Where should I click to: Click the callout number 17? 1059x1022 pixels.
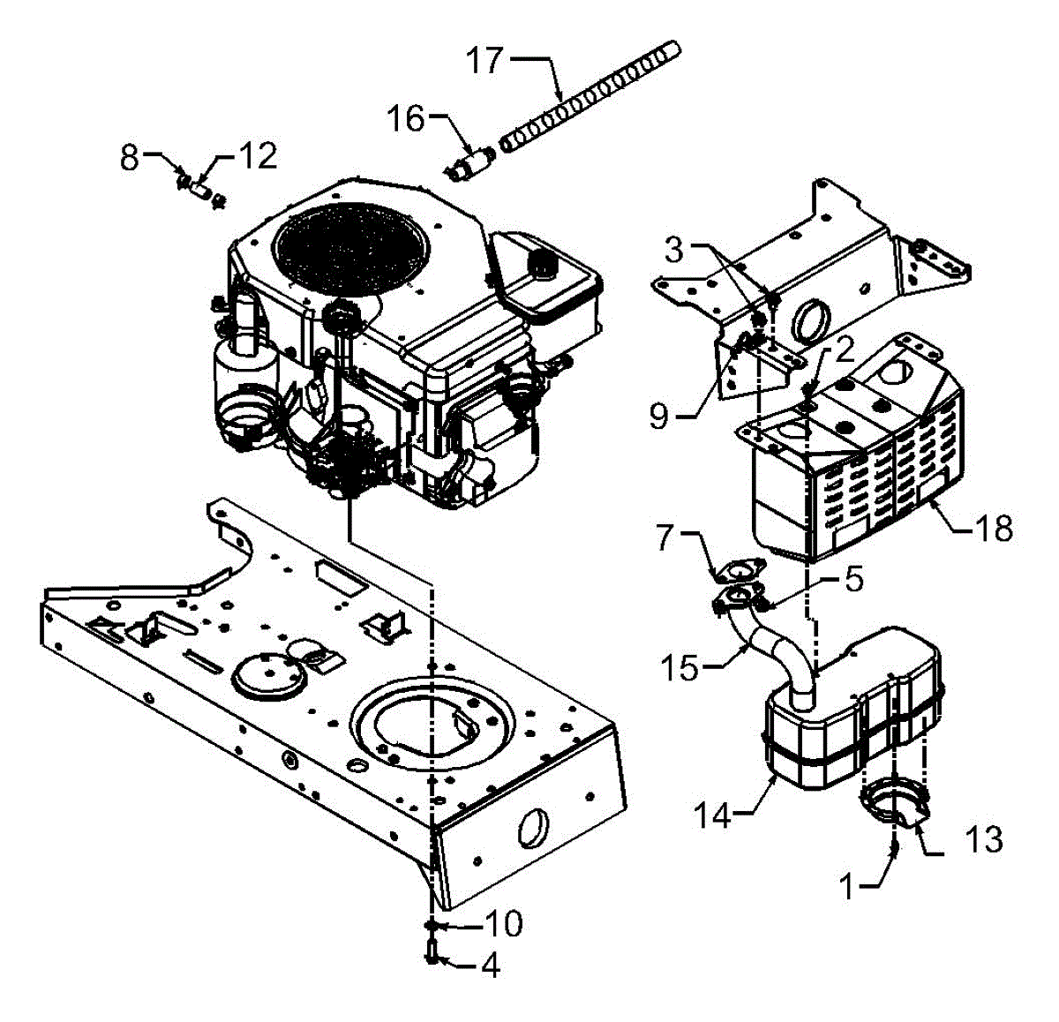click(484, 61)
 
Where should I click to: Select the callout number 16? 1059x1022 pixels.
click(408, 118)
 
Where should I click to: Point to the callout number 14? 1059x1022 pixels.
click(712, 816)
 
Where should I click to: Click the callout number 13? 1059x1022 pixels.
click(982, 839)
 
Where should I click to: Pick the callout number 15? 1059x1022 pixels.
click(679, 667)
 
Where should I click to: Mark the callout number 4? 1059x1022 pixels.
click(489, 966)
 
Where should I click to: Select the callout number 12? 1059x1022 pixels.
click(259, 156)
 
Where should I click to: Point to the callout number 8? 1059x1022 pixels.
click(130, 159)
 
